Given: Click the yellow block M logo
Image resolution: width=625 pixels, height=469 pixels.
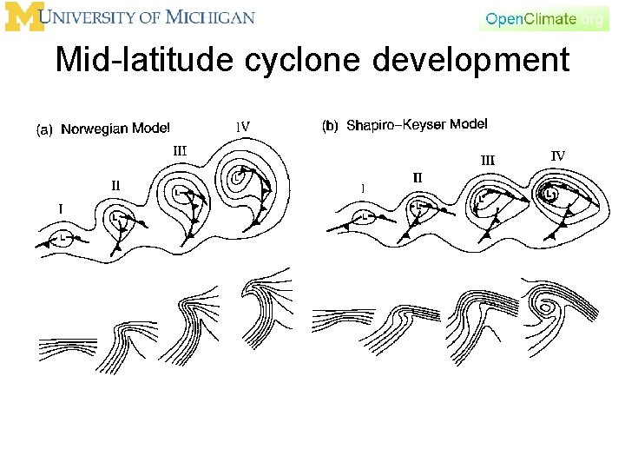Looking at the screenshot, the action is coord(24,17).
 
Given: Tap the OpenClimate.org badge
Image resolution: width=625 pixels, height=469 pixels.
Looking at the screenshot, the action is coord(544,18).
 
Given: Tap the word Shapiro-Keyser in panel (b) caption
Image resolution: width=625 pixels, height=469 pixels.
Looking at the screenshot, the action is coord(388,125).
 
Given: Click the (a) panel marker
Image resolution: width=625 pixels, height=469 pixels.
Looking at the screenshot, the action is coord(43,129).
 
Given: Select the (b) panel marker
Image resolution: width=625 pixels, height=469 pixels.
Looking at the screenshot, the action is coord(330,126).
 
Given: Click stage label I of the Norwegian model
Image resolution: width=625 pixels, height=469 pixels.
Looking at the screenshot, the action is coord(60,208).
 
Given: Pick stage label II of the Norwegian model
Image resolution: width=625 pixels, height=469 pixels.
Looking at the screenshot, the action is coord(115,184).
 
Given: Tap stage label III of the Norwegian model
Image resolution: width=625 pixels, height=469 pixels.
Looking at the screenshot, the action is coord(180,150).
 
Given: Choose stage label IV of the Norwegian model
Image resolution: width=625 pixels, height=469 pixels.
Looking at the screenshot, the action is coord(243,126).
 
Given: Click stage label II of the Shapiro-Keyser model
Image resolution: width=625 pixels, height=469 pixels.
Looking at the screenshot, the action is coord(418,177).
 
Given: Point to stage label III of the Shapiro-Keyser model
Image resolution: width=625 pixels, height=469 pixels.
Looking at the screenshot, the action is coord(488,159).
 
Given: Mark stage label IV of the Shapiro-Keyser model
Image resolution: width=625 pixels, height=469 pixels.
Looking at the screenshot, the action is coord(558,155).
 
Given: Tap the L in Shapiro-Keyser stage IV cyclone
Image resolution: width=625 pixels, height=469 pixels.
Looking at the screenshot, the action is coord(549,195).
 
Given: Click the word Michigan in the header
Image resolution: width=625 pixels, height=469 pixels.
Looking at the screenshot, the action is coord(213,17).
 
